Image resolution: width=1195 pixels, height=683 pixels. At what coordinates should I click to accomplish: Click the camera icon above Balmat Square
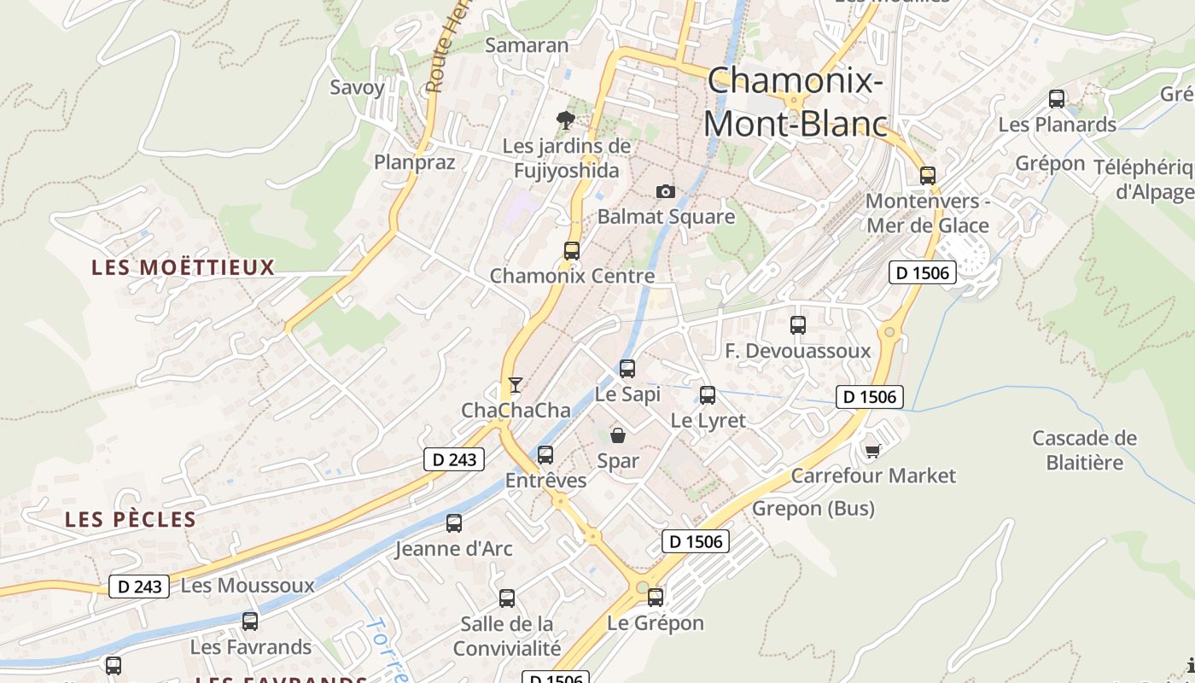(x=665, y=191)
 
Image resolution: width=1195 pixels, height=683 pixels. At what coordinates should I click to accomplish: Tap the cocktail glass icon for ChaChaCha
(x=515, y=384)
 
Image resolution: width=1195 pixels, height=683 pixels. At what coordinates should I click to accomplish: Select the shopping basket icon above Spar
(x=618, y=435)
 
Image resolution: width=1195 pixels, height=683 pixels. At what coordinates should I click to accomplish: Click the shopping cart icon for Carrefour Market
(x=872, y=450)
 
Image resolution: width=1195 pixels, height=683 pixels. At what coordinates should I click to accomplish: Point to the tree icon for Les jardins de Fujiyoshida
(x=565, y=120)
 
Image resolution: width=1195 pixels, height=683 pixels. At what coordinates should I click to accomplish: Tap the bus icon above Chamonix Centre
(x=572, y=250)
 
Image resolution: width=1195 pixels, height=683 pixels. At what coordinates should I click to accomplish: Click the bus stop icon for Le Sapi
(x=627, y=369)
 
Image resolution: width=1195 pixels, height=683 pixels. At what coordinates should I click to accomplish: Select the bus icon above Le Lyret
(x=708, y=394)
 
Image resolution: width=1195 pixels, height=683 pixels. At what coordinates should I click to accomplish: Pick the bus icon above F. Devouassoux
(x=798, y=324)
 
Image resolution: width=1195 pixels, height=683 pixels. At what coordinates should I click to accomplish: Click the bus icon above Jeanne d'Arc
(x=454, y=522)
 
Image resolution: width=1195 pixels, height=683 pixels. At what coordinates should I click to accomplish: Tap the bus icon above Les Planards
(x=1057, y=99)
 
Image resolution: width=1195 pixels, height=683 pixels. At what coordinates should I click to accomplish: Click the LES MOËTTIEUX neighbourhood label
(x=183, y=267)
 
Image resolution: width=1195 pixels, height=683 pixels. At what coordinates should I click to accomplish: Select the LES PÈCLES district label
(x=131, y=519)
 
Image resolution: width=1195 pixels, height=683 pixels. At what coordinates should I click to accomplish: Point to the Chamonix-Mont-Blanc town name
(x=796, y=102)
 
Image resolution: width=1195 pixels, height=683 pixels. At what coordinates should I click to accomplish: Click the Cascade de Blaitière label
(x=1084, y=450)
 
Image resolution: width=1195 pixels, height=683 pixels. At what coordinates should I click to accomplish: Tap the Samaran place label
(x=527, y=45)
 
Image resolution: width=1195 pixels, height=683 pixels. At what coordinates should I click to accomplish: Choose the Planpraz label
(x=415, y=161)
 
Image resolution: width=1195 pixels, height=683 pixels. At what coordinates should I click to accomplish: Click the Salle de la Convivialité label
(x=507, y=636)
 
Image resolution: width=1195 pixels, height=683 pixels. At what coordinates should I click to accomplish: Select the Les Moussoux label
(x=248, y=586)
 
